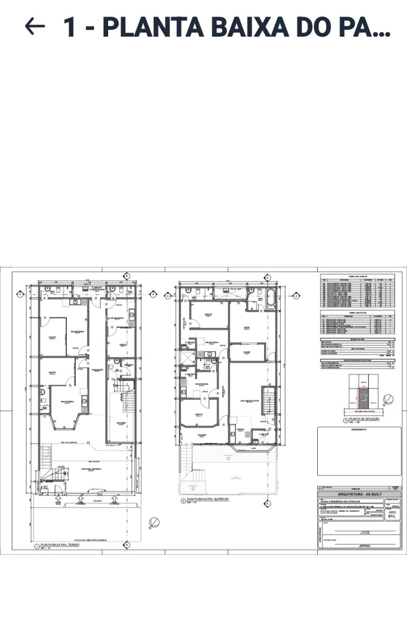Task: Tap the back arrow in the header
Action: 35,27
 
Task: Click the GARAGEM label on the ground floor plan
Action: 121,423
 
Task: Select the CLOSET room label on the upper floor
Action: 247,352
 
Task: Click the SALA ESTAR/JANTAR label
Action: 250,401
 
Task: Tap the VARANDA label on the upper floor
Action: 202,435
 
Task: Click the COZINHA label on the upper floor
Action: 240,429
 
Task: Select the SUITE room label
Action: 247,328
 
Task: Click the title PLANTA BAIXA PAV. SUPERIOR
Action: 208,499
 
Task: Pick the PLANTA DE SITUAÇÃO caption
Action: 364,419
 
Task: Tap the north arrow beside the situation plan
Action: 388,400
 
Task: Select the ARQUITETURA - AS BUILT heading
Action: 360,494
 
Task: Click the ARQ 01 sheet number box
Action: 393,514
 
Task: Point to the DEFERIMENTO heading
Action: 359,429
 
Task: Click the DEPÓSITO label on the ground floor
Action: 128,365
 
